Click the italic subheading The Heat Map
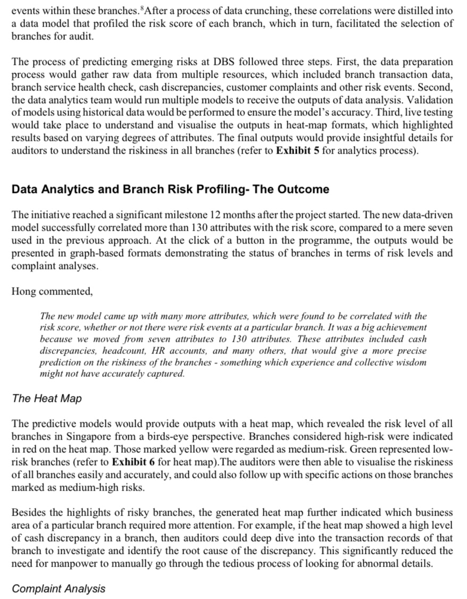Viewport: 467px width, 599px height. [x=47, y=398]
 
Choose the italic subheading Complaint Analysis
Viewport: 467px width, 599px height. [x=59, y=588]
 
